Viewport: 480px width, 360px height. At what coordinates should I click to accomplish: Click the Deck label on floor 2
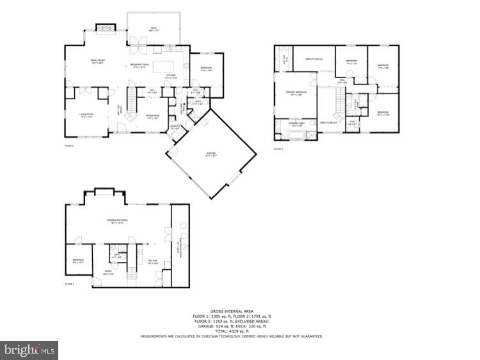pyautogui.click(x=154, y=29)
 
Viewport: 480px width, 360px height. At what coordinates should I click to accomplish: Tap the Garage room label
pyautogui.click(x=211, y=154)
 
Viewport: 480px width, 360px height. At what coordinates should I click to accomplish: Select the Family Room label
pyautogui.click(x=97, y=61)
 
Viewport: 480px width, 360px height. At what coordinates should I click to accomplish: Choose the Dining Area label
pyautogui.click(x=152, y=117)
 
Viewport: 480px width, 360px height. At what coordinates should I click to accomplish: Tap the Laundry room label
pyautogui.click(x=175, y=129)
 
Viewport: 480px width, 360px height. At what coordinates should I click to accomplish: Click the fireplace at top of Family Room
pyautogui.click(x=104, y=28)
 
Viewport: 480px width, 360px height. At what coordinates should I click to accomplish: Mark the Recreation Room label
pyautogui.click(x=116, y=221)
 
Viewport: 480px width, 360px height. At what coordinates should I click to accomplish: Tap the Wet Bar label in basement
pyautogui.click(x=153, y=261)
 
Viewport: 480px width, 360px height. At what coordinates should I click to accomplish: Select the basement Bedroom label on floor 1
pyautogui.click(x=77, y=261)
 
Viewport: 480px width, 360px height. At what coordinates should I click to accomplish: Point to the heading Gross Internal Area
pyautogui.click(x=232, y=311)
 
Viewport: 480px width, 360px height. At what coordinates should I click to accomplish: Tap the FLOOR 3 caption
pyautogui.click(x=278, y=149)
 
